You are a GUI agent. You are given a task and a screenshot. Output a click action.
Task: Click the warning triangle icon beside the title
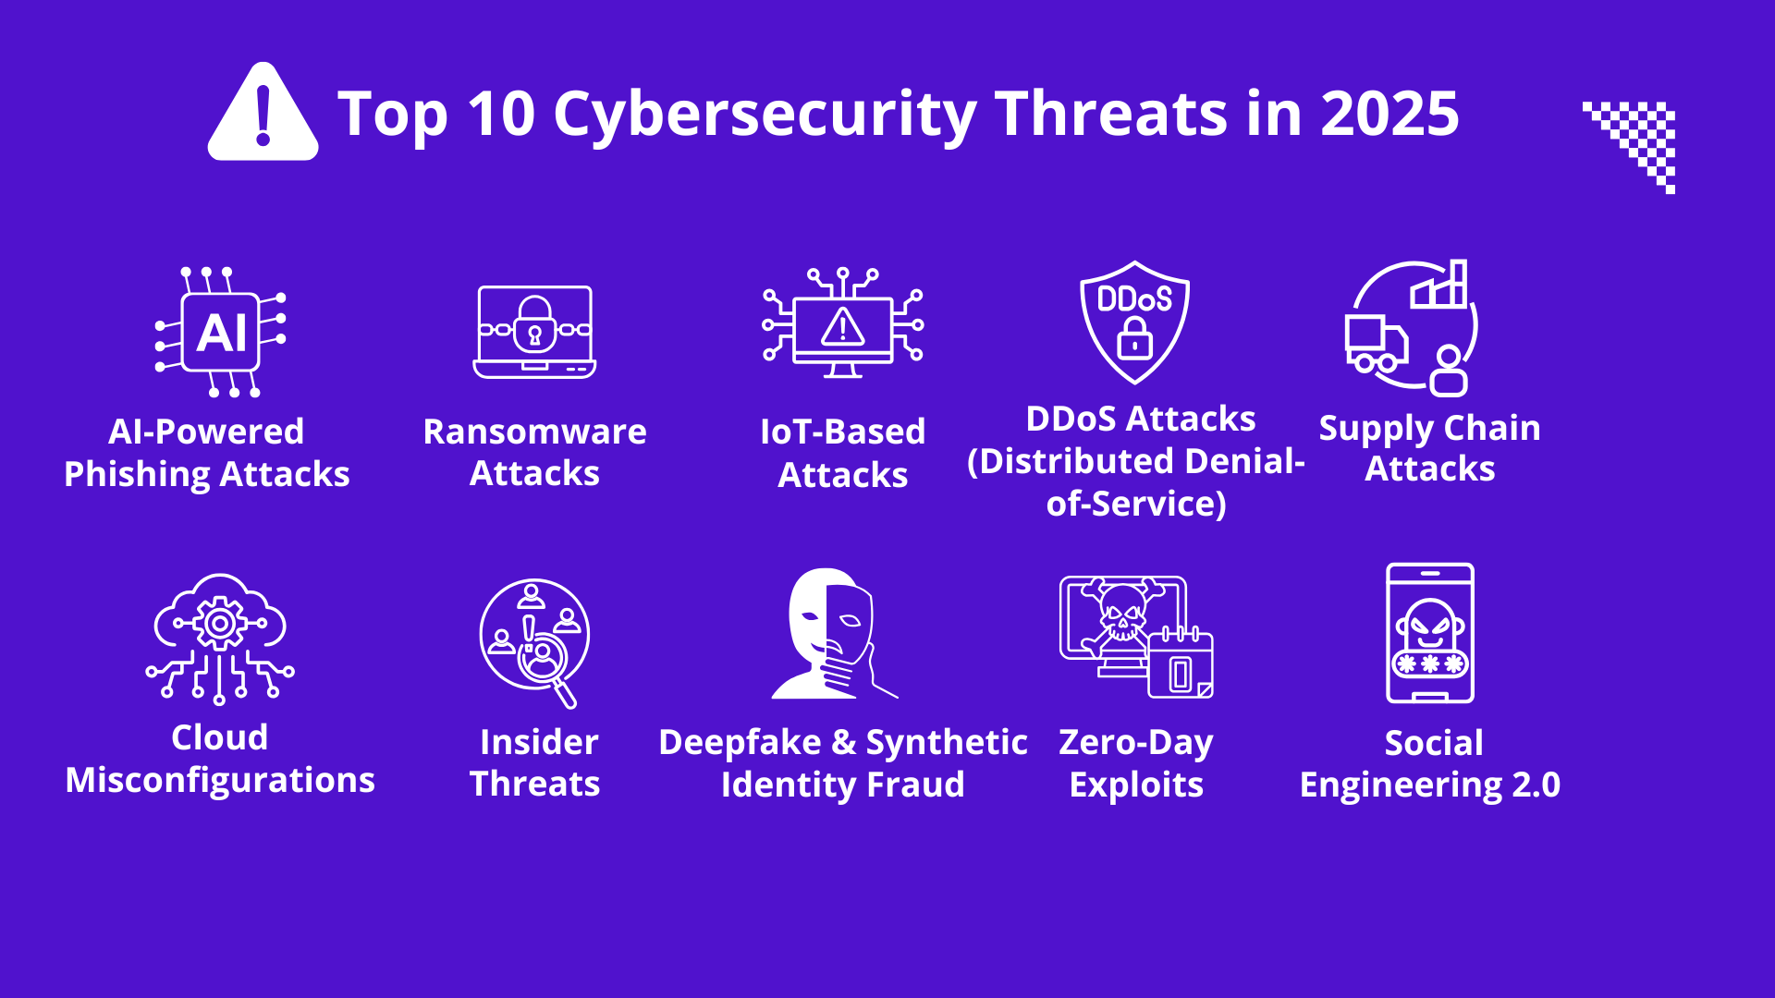pos(263,113)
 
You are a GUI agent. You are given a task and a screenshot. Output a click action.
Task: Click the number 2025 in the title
pos(1389,114)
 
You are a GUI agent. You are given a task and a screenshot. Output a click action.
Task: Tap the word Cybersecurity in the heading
pos(765,116)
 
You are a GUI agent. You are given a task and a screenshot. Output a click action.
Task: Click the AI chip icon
pos(221,333)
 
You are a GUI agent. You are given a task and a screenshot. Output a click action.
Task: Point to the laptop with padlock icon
pos(534,332)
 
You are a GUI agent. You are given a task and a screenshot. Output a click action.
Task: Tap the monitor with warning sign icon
pos(842,323)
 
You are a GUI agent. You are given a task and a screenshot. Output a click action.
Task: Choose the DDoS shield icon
pos(1134,322)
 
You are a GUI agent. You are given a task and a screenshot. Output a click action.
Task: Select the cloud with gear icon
pos(219,639)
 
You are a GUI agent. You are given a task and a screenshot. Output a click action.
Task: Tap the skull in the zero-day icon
pos(1121,611)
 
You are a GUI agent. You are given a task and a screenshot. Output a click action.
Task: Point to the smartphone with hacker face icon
pos(1430,633)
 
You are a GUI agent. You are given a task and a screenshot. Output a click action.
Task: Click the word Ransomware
pos(534,432)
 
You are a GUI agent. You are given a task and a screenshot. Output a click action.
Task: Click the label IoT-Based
pos(842,432)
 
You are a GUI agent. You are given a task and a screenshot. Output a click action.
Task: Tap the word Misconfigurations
pos(220,781)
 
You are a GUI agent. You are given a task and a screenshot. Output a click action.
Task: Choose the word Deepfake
pos(740,742)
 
